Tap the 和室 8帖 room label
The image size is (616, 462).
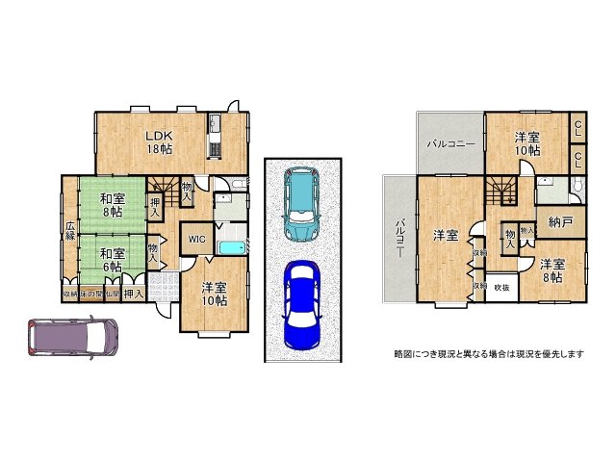coord(111,205)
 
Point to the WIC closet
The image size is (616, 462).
coord(196,239)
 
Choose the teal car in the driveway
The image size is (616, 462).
coord(302,204)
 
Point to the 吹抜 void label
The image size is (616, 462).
coord(501,288)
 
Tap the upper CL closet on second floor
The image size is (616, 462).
coord(577,127)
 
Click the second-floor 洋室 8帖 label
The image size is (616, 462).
coord(552,269)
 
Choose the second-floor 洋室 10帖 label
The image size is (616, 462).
coord(526,141)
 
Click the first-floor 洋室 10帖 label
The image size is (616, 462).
coord(215,294)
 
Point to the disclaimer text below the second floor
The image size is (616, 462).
coord(489,354)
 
